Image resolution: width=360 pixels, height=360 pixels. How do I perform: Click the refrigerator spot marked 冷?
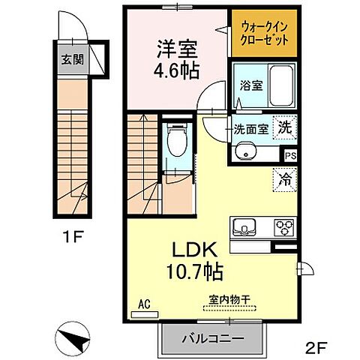click(x=285, y=180)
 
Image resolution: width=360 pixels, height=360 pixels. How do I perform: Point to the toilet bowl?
click(x=177, y=142)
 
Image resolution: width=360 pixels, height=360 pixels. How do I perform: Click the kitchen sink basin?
click(x=247, y=226)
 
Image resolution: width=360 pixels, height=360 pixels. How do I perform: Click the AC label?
click(x=145, y=304)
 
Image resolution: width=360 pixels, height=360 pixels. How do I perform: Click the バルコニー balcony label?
click(x=212, y=339)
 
